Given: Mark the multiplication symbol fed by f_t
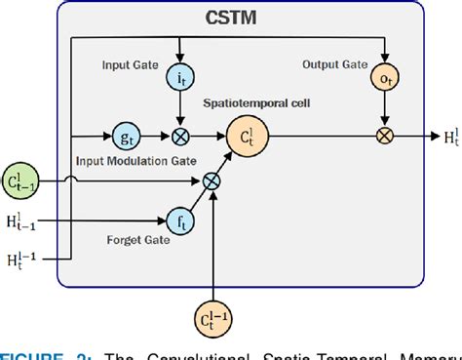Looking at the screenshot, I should point(212,180).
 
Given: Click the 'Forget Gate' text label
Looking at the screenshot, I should point(133,237).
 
